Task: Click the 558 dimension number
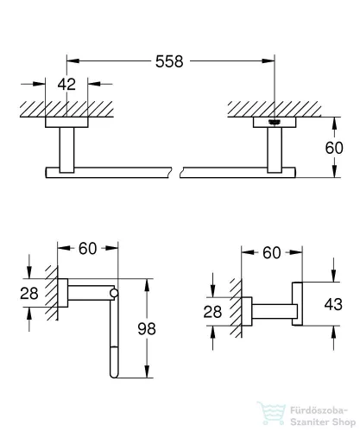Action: click(169, 61)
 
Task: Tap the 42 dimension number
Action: click(66, 84)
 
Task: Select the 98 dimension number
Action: click(147, 328)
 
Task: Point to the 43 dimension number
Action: click(333, 304)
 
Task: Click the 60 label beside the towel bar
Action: click(334, 148)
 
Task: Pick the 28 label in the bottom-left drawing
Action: click(29, 294)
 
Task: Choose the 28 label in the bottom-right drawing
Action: click(212, 312)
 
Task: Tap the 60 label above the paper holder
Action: click(88, 249)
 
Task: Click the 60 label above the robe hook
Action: click(272, 253)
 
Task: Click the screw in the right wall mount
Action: click(275, 123)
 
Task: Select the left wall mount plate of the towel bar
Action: click(66, 122)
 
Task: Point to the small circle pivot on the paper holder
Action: click(114, 293)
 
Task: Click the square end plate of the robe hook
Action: click(297, 304)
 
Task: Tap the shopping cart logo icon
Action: click(272, 413)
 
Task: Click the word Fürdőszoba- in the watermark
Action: click(319, 410)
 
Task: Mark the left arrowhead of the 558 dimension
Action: click(73, 60)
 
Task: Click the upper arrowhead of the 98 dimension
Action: click(147, 285)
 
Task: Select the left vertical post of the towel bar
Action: click(66, 150)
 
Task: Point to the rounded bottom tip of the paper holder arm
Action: click(114, 375)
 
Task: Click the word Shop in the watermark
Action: click(344, 422)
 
